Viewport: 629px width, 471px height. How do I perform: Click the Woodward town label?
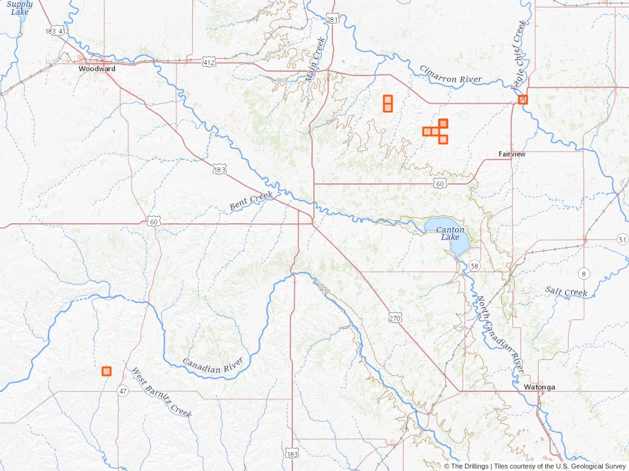(x=96, y=69)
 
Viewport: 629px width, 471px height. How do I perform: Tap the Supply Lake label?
(x=20, y=8)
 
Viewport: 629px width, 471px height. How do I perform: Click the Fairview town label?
(x=512, y=154)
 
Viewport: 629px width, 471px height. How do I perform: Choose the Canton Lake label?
(x=450, y=233)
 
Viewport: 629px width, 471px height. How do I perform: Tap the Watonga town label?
(x=539, y=388)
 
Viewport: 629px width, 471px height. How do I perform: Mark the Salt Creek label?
(x=566, y=292)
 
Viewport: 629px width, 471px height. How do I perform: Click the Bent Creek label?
(x=251, y=201)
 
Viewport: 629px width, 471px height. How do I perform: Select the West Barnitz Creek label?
(x=162, y=392)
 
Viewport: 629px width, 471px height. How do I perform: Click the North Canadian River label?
(x=501, y=334)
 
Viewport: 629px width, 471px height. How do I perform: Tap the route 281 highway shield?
(x=332, y=20)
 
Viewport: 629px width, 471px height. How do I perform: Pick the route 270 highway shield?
(x=394, y=318)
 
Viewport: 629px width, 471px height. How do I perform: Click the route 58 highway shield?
(x=474, y=266)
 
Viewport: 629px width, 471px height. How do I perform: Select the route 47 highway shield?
(x=123, y=391)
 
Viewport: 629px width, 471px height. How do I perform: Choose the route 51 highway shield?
(x=623, y=239)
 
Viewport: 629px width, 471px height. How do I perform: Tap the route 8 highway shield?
(x=583, y=273)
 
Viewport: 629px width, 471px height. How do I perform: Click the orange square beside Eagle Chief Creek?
(x=523, y=99)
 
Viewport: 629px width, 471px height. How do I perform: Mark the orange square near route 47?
(x=106, y=371)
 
